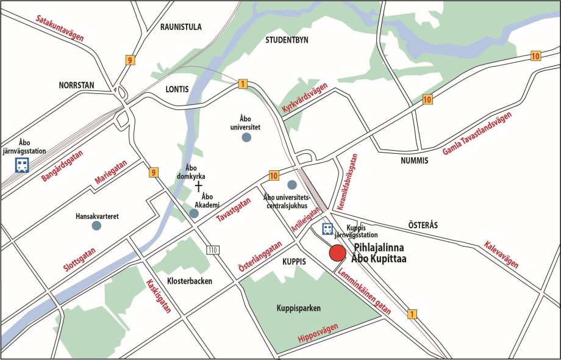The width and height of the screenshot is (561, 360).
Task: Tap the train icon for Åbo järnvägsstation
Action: coord(22,165)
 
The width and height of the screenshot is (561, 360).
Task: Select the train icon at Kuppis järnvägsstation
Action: coord(327,229)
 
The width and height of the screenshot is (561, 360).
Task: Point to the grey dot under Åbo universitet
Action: coord(246,138)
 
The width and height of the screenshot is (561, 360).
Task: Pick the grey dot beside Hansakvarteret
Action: coord(96,226)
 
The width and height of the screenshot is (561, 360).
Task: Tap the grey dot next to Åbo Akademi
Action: coord(194,214)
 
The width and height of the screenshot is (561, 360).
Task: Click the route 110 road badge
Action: coord(212,250)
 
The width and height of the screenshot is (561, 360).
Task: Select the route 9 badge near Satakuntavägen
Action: coord(130,60)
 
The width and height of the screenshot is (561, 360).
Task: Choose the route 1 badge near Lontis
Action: coord(243,84)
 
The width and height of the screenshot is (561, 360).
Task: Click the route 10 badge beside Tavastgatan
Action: coord(273,176)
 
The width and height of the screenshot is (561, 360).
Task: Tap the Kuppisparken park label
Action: coord(298,308)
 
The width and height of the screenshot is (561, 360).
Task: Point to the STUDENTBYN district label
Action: coord(287,40)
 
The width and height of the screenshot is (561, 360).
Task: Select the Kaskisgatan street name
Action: coord(159,296)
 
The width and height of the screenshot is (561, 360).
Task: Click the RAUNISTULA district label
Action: coord(180,27)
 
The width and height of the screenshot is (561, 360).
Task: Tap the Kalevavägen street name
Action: coord(501,254)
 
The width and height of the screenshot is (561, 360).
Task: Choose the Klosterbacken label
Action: coord(189,282)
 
